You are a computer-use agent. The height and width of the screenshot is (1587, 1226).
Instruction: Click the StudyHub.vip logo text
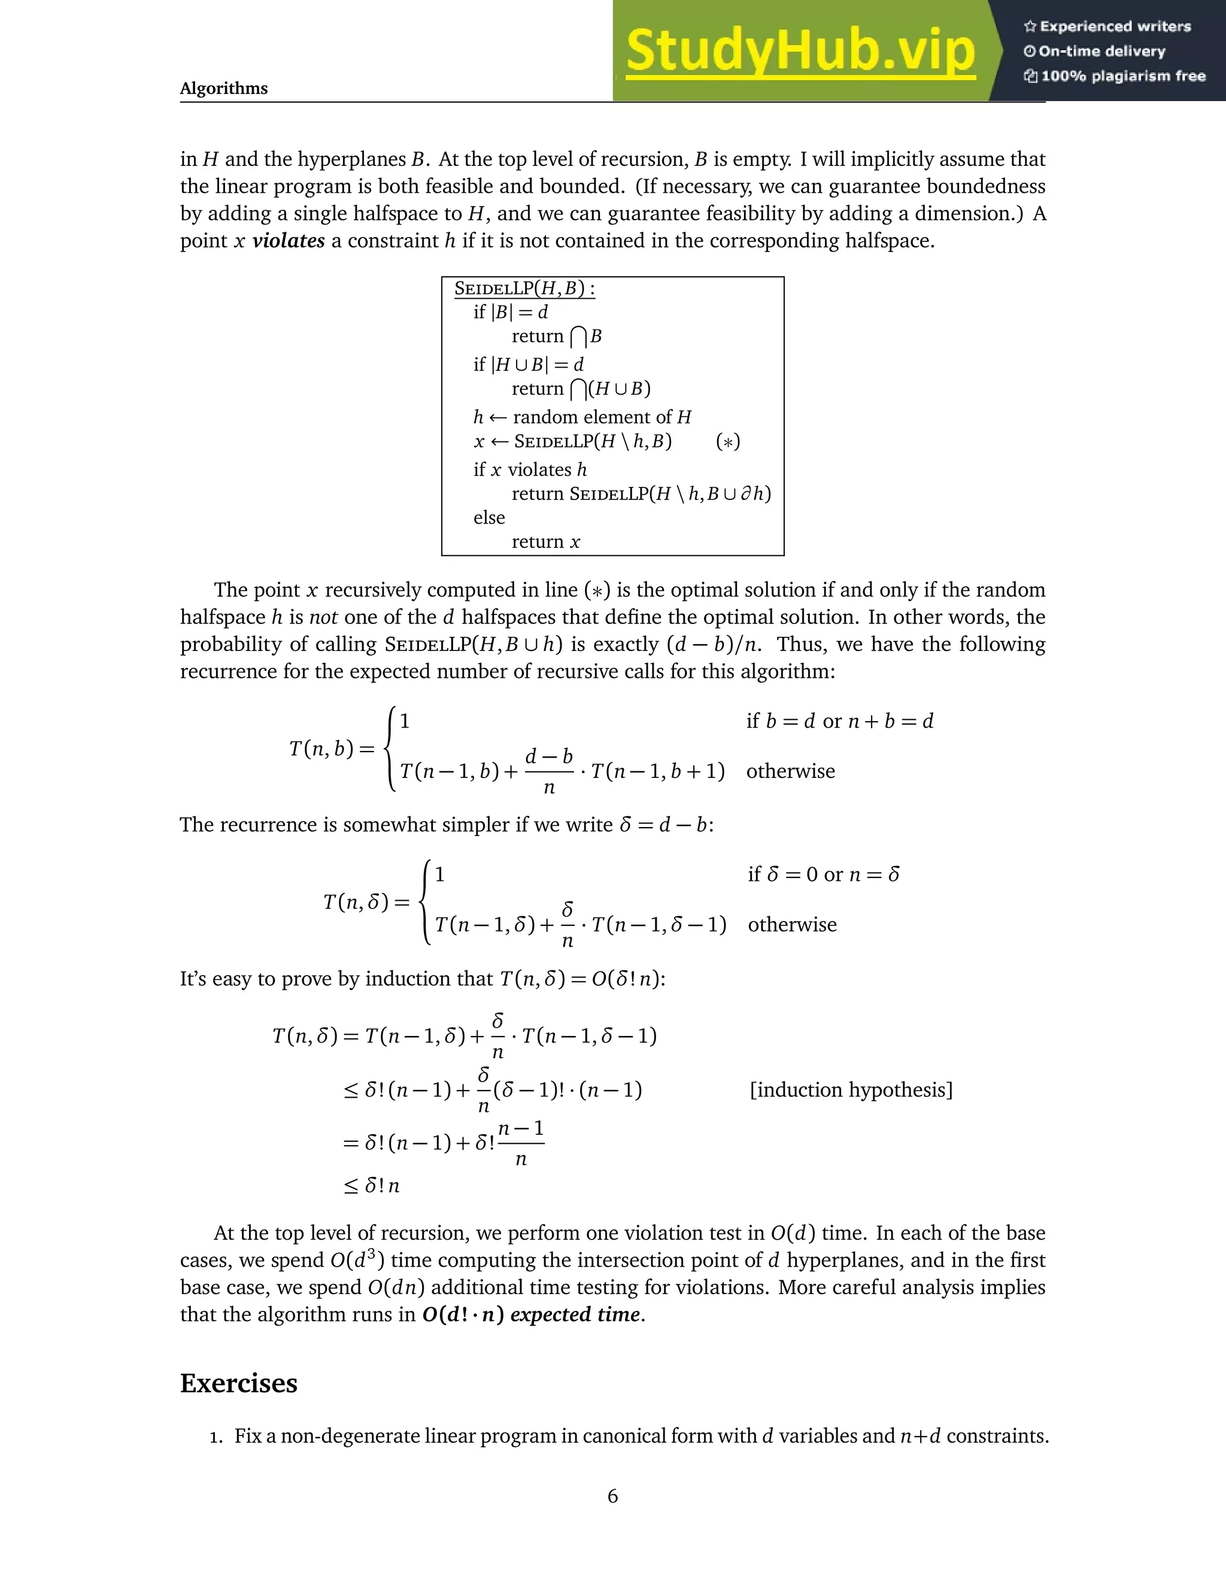(800, 51)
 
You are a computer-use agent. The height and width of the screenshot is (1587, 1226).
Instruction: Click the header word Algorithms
(224, 89)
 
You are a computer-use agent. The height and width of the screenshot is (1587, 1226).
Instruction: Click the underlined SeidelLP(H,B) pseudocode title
(524, 289)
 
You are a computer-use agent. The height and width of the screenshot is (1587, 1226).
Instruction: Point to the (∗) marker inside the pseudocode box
(728, 442)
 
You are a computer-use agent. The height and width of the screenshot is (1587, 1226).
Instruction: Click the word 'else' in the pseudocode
(489, 517)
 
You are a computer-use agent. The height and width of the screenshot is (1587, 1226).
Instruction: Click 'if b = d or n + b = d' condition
(840, 722)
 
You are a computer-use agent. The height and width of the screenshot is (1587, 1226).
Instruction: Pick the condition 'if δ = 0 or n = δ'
(824, 874)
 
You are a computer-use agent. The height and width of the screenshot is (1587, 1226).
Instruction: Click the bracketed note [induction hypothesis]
(851, 1090)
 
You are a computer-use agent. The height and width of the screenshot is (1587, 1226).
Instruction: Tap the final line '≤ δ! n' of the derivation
(372, 1186)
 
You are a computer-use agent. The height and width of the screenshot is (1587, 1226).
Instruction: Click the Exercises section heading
(238, 1383)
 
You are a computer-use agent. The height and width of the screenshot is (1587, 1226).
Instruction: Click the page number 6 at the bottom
(612, 1496)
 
